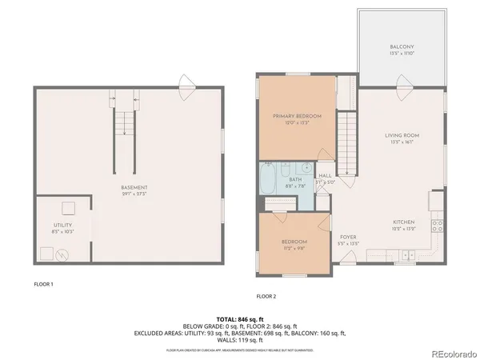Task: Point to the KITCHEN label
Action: (x=402, y=222)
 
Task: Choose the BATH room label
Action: (x=295, y=180)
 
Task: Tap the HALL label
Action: (x=325, y=175)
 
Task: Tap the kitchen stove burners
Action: (x=438, y=225)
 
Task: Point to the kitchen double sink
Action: (x=408, y=255)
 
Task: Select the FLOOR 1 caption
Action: (x=43, y=283)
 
